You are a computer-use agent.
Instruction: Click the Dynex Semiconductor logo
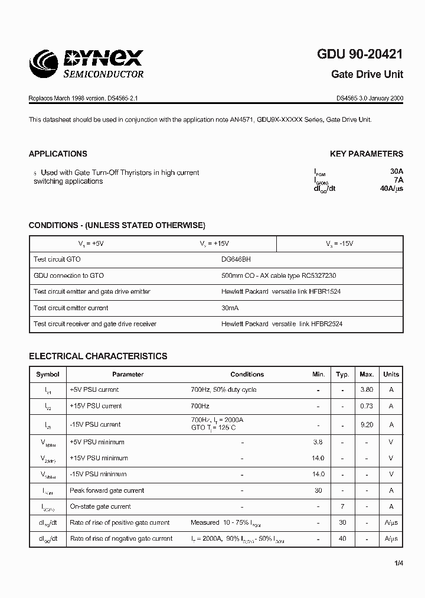tap(86, 64)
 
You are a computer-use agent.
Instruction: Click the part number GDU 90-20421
tap(360, 54)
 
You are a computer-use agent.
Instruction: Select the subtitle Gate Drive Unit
tap(367, 75)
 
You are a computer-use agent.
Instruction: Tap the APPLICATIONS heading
tap(58, 154)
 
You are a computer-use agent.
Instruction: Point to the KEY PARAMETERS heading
tap(367, 154)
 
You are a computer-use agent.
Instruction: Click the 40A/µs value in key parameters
tap(391, 189)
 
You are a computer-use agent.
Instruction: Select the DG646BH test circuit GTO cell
tap(240, 259)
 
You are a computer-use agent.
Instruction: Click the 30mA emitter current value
tap(230, 308)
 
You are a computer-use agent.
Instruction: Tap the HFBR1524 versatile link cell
tap(281, 292)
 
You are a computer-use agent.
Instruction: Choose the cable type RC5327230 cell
tap(279, 276)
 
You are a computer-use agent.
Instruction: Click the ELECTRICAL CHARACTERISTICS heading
tap(98, 356)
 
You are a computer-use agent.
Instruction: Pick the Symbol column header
tap(48, 374)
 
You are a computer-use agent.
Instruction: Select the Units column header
tap(391, 374)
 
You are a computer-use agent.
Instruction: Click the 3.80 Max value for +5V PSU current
tap(367, 390)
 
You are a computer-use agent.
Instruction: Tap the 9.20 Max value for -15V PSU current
tap(367, 424)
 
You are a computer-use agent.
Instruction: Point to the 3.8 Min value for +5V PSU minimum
tap(318, 442)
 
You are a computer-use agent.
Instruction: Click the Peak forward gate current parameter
tap(107, 490)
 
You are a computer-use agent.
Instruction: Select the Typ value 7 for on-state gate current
tap(342, 506)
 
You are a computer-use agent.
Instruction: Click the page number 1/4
tap(399, 563)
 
